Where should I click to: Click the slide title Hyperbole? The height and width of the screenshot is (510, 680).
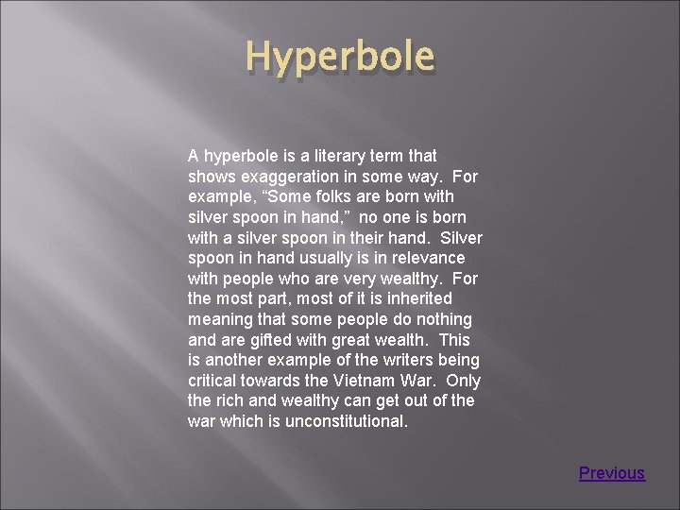pos(340,57)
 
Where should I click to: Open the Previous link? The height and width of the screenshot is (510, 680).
pos(612,473)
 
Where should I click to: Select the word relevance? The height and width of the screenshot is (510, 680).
pos(429,258)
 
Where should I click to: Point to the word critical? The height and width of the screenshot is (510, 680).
pos(216,381)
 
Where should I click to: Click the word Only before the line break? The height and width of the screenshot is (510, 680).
pos(463,381)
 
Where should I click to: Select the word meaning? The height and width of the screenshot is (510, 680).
pos(222,319)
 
